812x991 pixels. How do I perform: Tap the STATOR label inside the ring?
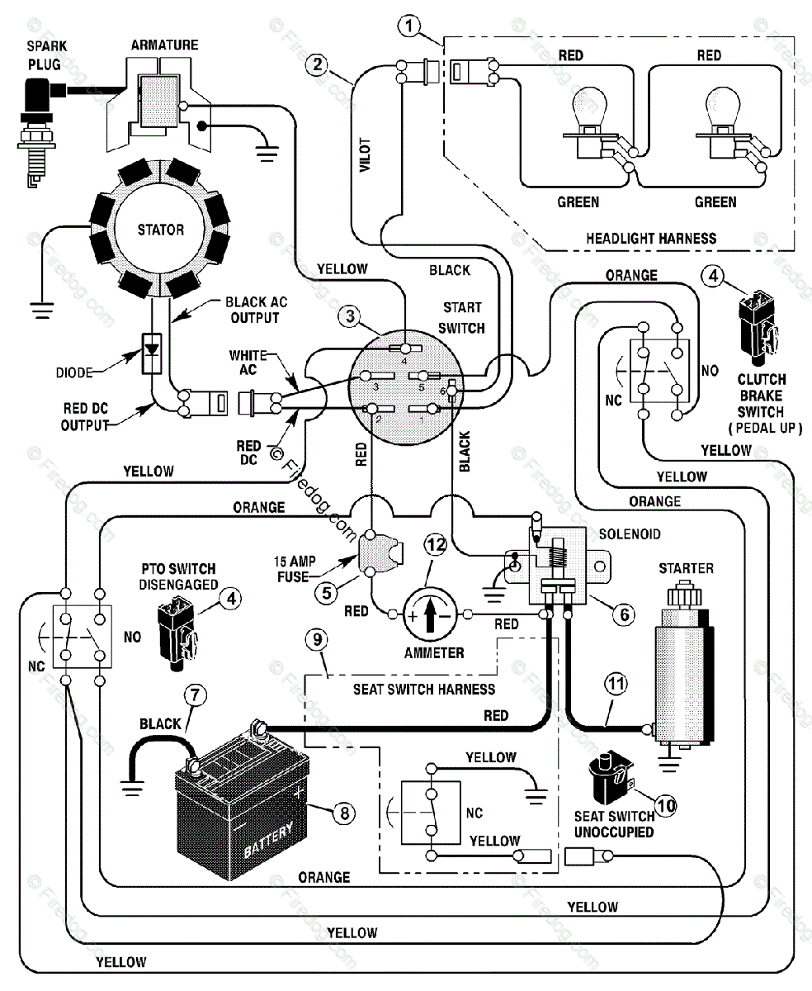coord(161,230)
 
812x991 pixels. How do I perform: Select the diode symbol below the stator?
coord(152,353)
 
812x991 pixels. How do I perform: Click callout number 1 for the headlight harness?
coord(409,26)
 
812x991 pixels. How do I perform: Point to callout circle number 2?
coord(317,64)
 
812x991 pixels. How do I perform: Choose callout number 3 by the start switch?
coord(350,316)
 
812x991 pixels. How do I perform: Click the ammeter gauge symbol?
coord(430,615)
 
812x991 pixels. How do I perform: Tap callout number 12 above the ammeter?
coord(436,545)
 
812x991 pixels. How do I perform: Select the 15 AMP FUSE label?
coord(295,568)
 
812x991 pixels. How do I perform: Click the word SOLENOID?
coord(630,534)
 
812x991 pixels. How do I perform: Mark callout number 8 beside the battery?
coord(344,813)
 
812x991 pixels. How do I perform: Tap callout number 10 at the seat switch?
coord(666,806)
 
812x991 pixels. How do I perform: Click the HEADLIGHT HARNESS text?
coord(651,239)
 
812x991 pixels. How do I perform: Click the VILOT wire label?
coord(365,154)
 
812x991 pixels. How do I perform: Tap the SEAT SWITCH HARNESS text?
coord(424,690)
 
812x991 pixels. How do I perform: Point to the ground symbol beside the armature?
coord(267,153)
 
